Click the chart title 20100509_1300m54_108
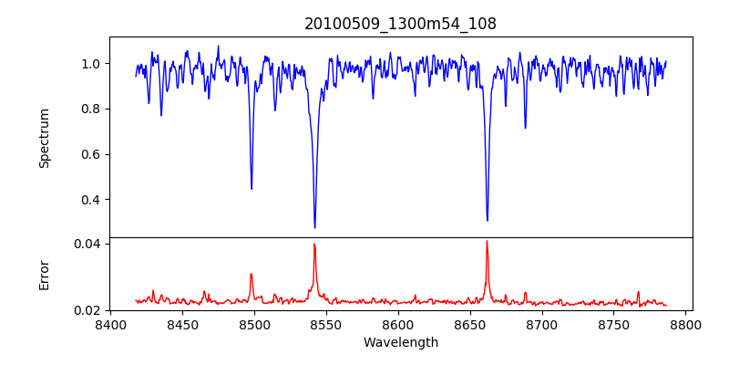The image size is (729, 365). point(400,24)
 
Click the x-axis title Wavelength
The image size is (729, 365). point(400,343)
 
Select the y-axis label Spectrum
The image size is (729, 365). point(44,138)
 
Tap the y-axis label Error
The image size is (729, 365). point(44,275)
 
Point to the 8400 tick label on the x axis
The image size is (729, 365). point(110,324)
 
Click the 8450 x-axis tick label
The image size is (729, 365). point(182,324)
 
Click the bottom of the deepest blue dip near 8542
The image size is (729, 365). point(314,227)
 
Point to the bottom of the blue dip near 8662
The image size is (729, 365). point(487,220)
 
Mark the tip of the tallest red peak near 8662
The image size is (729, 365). point(487,241)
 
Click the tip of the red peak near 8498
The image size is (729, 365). point(252,274)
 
